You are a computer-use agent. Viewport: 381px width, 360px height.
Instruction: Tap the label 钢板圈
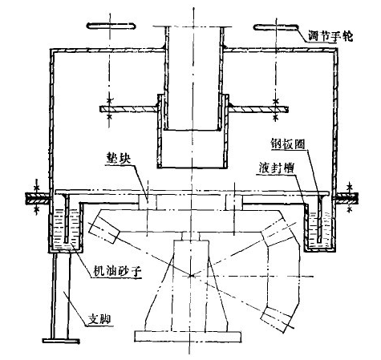tap(287, 144)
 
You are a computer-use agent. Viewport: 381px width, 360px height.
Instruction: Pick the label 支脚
tap(99, 319)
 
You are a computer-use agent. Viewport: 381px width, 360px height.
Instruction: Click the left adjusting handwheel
tap(111, 26)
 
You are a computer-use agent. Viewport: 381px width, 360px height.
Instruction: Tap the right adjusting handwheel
tap(276, 27)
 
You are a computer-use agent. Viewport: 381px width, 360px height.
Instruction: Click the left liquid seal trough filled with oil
tap(66, 228)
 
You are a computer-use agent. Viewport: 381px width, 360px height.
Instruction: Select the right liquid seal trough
tap(320, 228)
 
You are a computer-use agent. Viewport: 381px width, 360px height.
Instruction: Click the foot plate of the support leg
tap(61, 341)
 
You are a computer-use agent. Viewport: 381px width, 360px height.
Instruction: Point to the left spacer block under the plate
tap(148, 201)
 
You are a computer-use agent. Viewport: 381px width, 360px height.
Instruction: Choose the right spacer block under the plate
tap(234, 201)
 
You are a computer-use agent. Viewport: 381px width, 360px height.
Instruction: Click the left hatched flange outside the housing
tap(38, 199)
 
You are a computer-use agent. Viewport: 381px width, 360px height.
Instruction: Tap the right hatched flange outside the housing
tap(347, 199)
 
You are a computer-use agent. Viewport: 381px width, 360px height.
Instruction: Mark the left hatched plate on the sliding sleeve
tap(128, 109)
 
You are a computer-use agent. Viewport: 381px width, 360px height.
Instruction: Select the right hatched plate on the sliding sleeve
tap(258, 109)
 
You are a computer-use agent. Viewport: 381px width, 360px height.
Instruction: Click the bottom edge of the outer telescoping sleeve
tap(192, 168)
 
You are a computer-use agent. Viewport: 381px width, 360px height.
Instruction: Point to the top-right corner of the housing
tap(336, 49)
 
